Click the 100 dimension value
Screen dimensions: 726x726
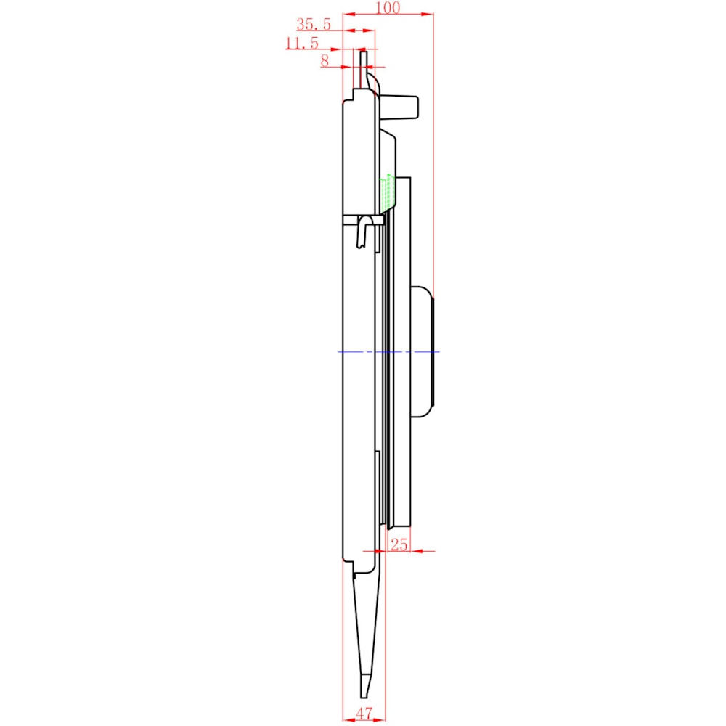(x=388, y=7)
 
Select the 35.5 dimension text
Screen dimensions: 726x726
(x=314, y=24)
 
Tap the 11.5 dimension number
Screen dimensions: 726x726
(x=302, y=43)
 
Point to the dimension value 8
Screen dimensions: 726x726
(x=325, y=60)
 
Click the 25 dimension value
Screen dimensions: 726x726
(x=399, y=544)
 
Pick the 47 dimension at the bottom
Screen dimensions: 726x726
(x=364, y=714)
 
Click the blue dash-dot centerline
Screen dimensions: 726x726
(x=388, y=352)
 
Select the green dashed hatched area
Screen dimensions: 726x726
(x=387, y=193)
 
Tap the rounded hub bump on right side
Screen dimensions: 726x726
(x=423, y=352)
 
